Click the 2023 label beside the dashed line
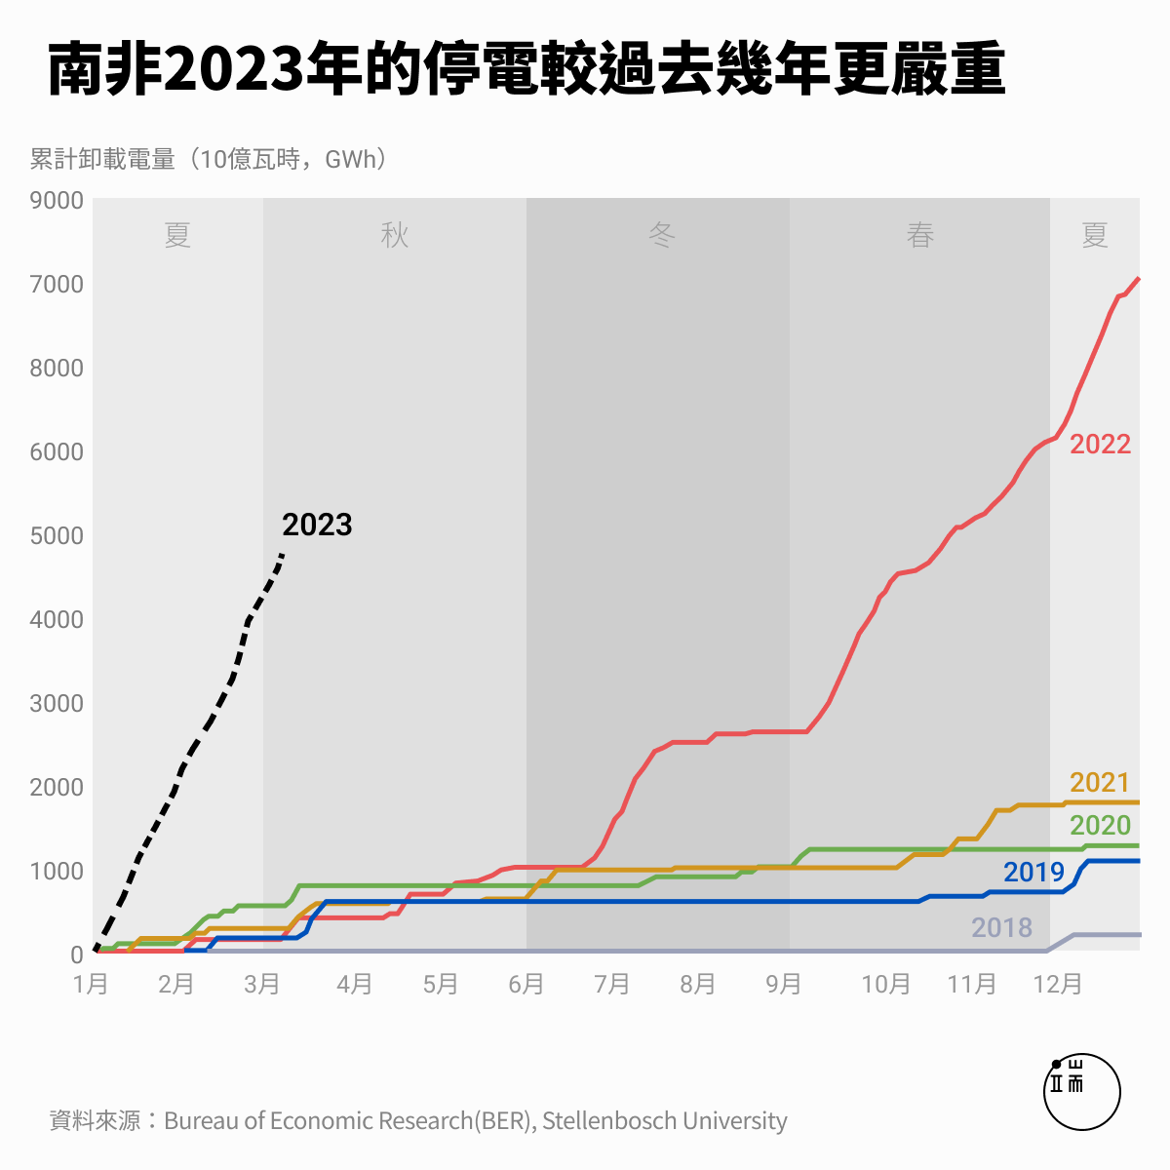click(x=317, y=525)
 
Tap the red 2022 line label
click(x=1100, y=444)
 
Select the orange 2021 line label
click(x=1099, y=782)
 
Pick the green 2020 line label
click(x=1100, y=825)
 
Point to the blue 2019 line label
click(x=1033, y=872)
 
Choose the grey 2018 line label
click(x=1001, y=927)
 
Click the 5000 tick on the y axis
click(x=57, y=535)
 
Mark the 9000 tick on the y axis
click(x=57, y=200)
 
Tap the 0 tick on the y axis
click(x=76, y=955)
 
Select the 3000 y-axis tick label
click(x=57, y=703)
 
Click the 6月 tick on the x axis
click(x=526, y=984)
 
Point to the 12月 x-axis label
click(x=1058, y=984)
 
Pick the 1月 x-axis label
click(x=91, y=984)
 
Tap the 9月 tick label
click(x=783, y=984)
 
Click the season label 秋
click(x=394, y=235)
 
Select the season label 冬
click(x=662, y=235)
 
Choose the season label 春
click(x=920, y=235)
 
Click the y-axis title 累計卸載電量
click(x=102, y=159)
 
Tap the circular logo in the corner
click(x=1081, y=1091)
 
